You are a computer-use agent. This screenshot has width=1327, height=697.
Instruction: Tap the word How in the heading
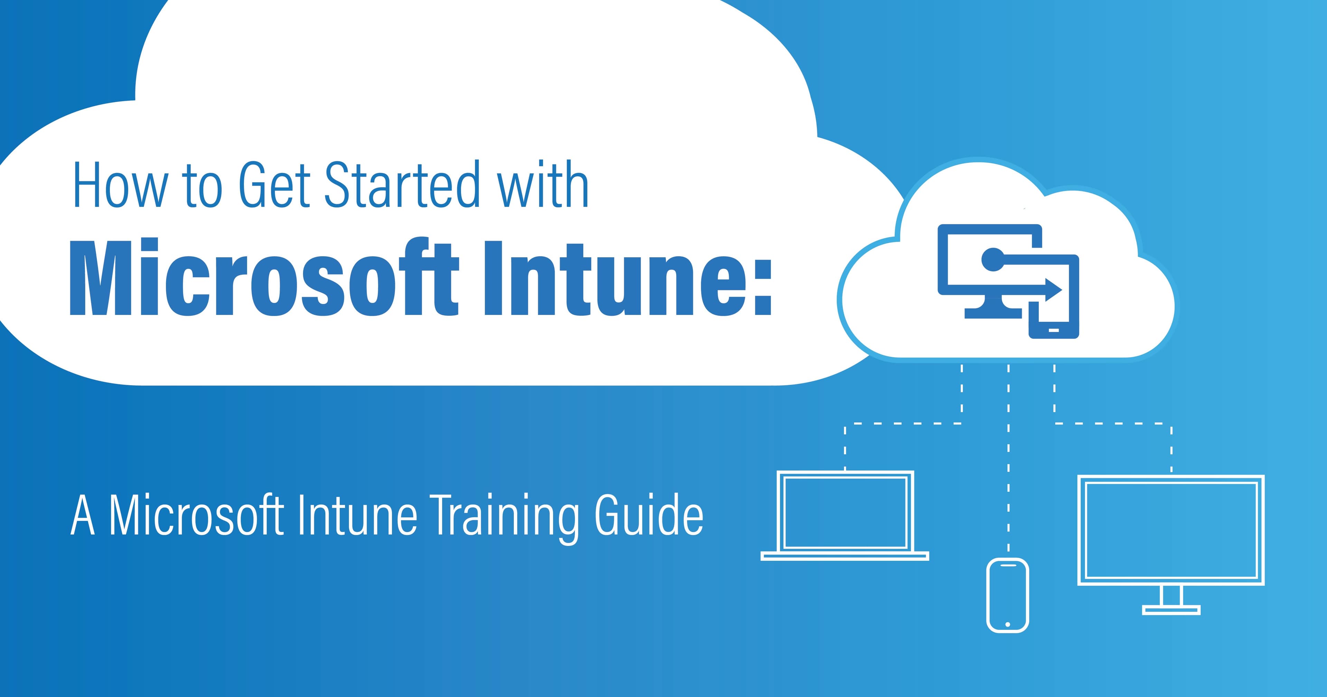point(121,186)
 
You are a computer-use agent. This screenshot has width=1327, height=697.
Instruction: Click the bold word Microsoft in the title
point(263,278)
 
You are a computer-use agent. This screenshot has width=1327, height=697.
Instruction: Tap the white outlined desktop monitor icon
point(1171,531)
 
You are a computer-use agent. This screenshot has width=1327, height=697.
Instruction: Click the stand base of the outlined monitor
point(1171,610)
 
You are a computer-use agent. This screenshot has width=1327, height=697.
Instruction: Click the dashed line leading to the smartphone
point(1008,464)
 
